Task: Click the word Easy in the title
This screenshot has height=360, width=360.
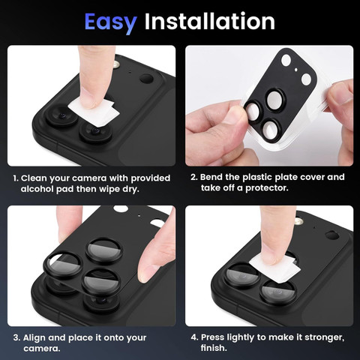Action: [x=109, y=21]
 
